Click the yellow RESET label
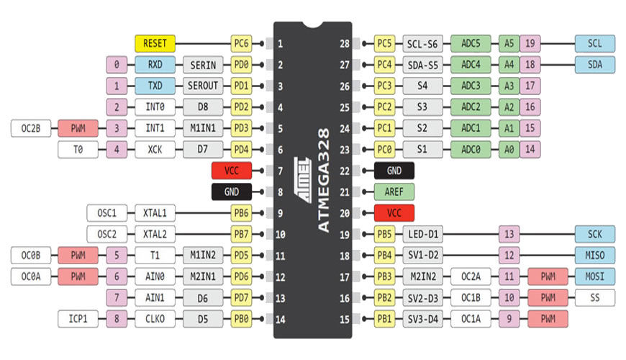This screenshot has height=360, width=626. tap(155, 43)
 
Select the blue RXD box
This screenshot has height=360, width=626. tap(155, 65)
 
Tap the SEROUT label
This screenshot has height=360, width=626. tap(203, 86)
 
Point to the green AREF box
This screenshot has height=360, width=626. tap(394, 192)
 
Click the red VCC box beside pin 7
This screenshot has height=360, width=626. tap(232, 171)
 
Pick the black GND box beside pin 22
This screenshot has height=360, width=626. tap(394, 171)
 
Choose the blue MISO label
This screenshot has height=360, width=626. tap(595, 256)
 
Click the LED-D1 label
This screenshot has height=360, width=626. tap(423, 234)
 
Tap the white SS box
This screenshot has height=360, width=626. tap(595, 297)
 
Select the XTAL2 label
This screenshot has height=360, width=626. tap(155, 234)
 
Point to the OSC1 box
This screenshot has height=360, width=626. tap(107, 213)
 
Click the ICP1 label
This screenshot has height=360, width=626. tap(78, 319)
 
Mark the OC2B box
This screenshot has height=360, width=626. tap(31, 128)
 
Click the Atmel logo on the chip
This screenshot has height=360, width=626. tap(303, 180)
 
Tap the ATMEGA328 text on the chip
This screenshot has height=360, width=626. tap(324, 180)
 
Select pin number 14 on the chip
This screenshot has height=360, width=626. tap(281, 319)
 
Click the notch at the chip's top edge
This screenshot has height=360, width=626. tap(312, 25)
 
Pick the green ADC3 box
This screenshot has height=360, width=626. tap(471, 86)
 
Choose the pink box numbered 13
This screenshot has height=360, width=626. tap(509, 234)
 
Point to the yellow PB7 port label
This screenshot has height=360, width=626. tap(241, 234)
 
